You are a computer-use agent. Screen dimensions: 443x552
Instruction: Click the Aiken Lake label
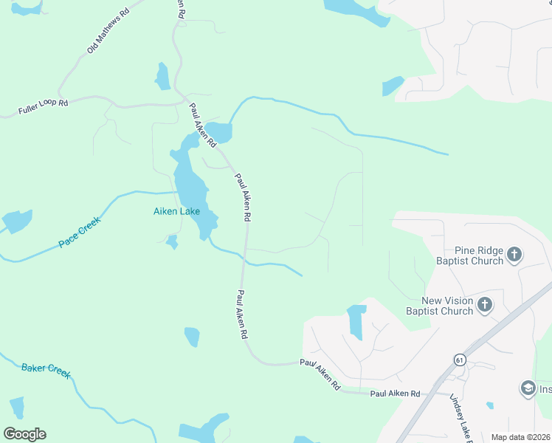[176, 212]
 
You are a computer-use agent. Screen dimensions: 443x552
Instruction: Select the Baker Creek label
[46, 370]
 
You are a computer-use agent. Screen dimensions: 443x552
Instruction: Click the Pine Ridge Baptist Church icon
[514, 255]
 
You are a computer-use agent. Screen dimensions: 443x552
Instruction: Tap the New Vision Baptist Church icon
[485, 304]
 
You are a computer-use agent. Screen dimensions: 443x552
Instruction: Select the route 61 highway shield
[460, 360]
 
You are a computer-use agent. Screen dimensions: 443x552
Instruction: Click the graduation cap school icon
[528, 388]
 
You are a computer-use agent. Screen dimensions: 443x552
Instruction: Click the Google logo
[24, 434]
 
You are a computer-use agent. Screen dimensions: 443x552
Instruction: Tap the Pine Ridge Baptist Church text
[469, 255]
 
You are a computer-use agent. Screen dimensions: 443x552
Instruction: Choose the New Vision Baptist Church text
[447, 306]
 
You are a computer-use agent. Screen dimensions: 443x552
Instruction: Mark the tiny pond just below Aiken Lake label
[172, 241]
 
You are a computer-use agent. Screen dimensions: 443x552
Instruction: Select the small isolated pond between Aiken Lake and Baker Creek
[192, 337]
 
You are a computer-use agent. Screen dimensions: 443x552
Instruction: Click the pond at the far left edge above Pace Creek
[16, 221]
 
